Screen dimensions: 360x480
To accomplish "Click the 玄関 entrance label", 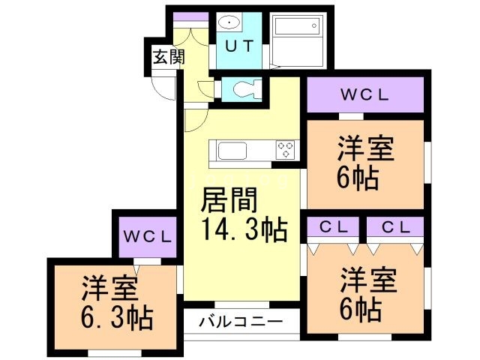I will [x=167, y=56].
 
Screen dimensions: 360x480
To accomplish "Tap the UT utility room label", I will [x=240, y=44].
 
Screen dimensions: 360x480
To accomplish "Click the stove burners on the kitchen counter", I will [x=286, y=149].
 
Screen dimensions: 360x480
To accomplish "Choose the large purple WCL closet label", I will [x=365, y=95].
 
